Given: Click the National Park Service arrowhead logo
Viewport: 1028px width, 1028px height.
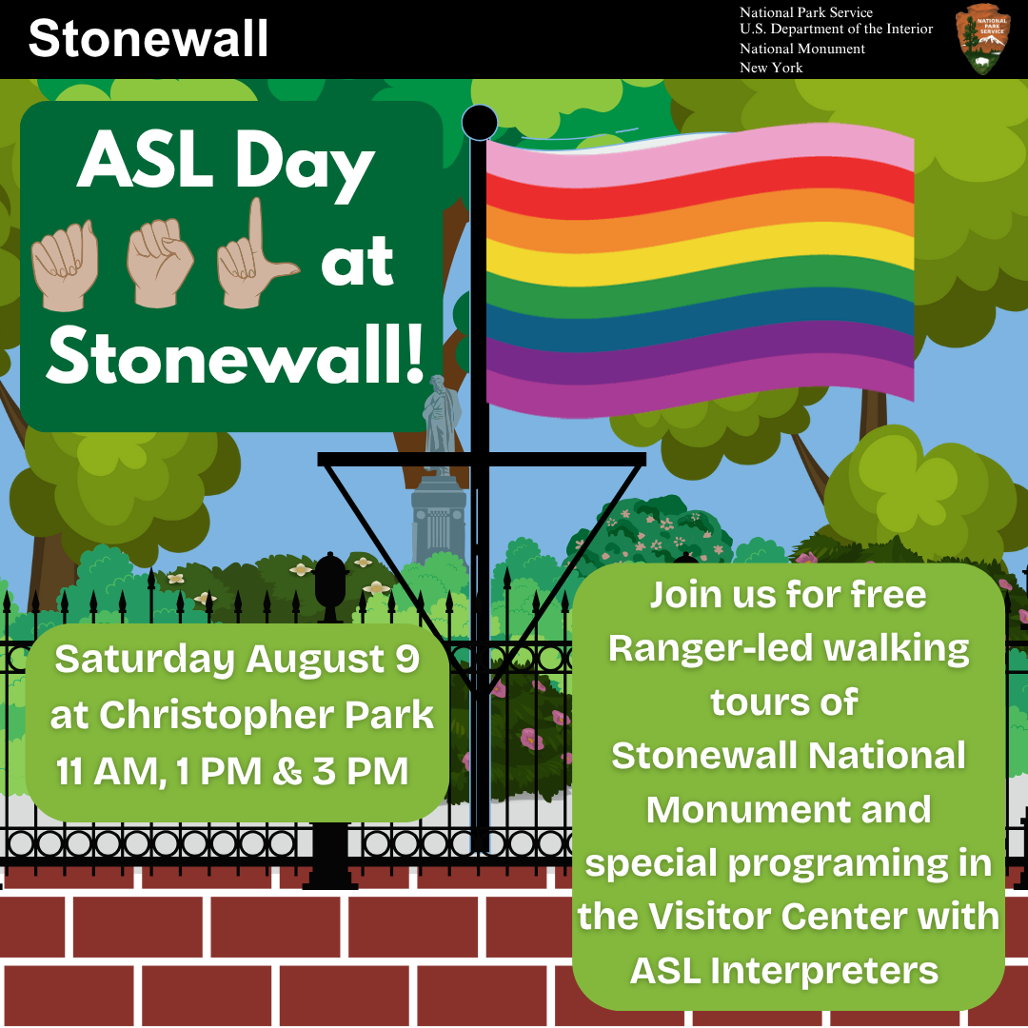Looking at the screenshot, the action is click(x=982, y=39).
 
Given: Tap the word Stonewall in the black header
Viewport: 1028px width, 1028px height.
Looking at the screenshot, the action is click(x=148, y=38).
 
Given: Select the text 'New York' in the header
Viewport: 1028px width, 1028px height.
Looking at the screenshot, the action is click(x=771, y=68).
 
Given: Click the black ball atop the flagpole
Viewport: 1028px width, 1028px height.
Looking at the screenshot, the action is click(x=479, y=122).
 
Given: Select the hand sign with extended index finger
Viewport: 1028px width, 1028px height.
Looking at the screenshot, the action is click(x=257, y=256).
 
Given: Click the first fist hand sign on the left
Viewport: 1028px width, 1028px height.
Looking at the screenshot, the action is click(x=65, y=265).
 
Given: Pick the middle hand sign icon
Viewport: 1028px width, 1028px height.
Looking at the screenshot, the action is click(x=160, y=263).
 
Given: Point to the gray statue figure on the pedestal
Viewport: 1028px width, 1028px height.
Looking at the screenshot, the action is click(x=441, y=423).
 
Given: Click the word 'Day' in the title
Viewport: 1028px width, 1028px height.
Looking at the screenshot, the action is click(x=305, y=164).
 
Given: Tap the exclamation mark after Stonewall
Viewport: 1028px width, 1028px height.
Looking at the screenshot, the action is click(x=415, y=354).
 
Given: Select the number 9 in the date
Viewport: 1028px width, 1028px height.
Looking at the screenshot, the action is click(x=407, y=659).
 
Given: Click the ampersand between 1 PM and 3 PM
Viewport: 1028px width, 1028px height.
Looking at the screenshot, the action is click(x=287, y=771).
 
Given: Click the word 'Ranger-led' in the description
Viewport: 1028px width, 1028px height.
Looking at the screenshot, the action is click(x=710, y=648).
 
